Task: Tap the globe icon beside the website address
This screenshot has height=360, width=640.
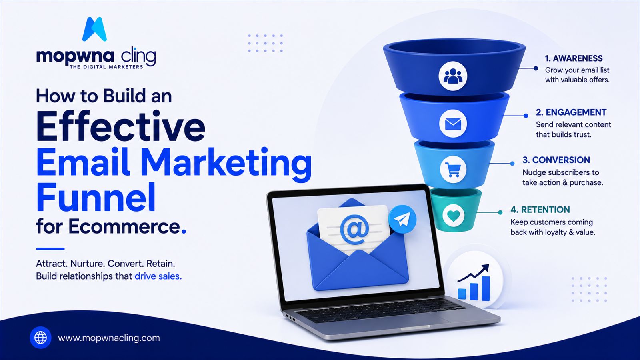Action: [40, 338]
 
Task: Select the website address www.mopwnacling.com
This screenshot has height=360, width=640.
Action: [109, 338]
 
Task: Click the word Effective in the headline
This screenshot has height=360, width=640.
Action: [120, 126]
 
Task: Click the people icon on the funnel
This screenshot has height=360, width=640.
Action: [453, 76]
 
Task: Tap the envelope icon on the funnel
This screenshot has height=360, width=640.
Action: [453, 124]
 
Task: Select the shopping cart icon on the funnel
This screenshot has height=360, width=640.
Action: [453, 170]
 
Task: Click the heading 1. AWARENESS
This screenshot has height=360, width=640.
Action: [574, 58]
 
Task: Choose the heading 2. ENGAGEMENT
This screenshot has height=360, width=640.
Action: [571, 112]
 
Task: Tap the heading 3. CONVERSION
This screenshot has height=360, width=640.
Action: [556, 160]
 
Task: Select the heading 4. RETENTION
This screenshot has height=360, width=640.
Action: [540, 210]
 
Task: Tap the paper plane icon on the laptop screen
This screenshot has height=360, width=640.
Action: [402, 219]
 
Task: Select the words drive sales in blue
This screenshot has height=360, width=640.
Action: [157, 276]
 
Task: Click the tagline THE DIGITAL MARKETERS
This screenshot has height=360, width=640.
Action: [106, 67]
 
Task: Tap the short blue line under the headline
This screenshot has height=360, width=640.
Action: [50, 249]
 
